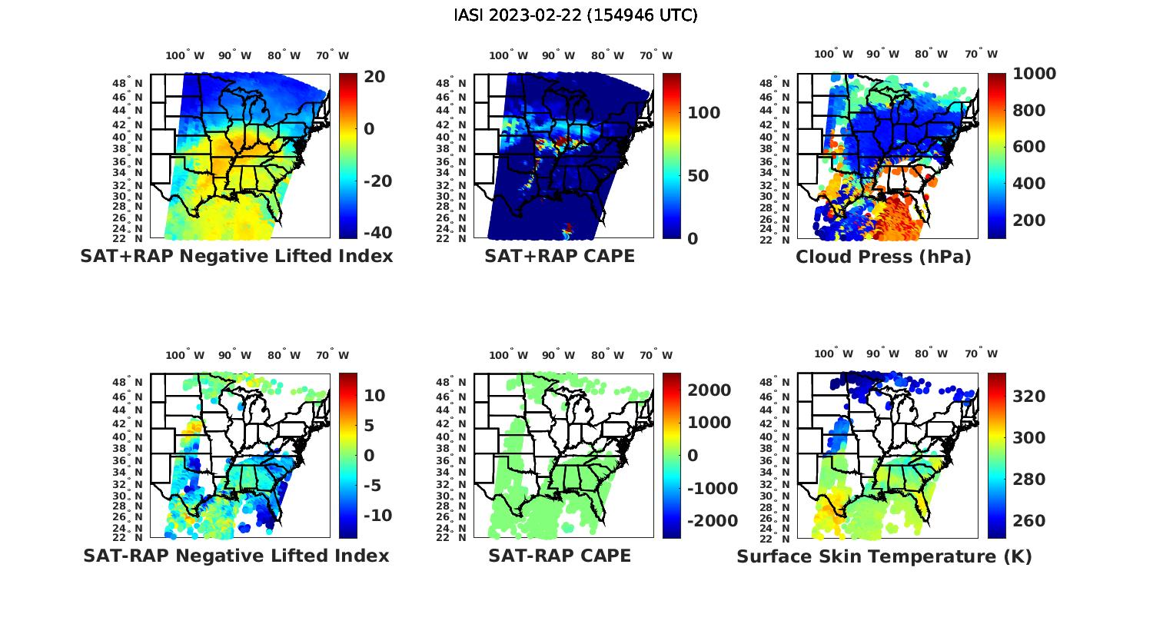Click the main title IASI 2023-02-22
tap(576, 15)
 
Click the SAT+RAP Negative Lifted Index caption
tap(236, 256)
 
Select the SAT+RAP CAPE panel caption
tap(560, 256)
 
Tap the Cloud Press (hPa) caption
tap(883, 257)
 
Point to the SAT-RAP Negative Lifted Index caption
tap(236, 556)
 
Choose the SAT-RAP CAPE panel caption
tap(560, 556)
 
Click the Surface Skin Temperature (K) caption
tap(884, 556)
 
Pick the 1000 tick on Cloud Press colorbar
tap(1034, 74)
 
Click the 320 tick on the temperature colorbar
tap(1029, 396)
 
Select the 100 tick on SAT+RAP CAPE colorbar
tap(703, 113)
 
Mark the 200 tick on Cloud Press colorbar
tap(1029, 220)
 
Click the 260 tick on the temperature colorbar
tap(1029, 521)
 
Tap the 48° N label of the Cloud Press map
tap(780, 83)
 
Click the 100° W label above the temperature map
tap(833, 354)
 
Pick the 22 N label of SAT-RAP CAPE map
tap(450, 538)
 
